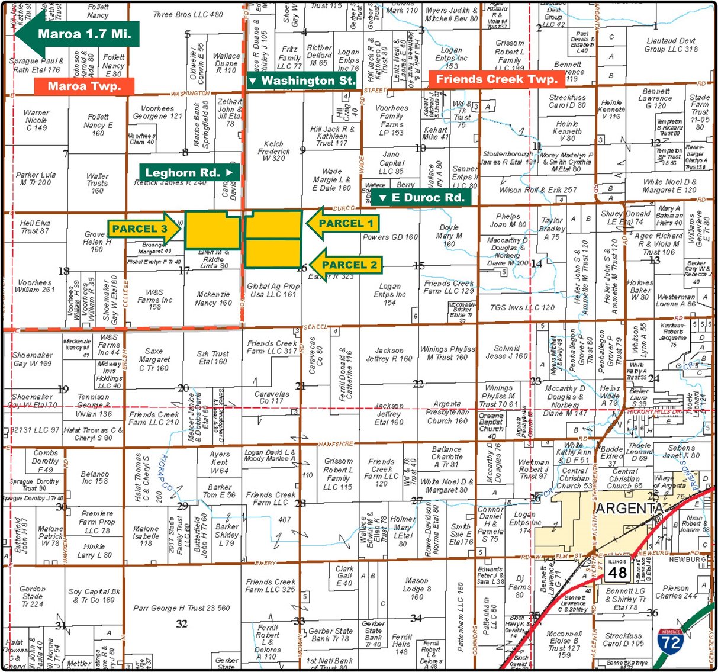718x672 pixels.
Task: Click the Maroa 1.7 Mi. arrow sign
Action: pyautogui.click(x=77, y=34)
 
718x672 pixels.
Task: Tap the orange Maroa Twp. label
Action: pyautogui.click(x=83, y=86)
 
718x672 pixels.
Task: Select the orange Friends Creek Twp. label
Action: pyautogui.click(x=497, y=79)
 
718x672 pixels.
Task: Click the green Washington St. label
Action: pyautogui.click(x=302, y=81)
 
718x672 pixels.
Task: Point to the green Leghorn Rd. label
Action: pyautogui.click(x=189, y=173)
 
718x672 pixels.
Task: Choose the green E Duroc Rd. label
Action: pyautogui.click(x=421, y=198)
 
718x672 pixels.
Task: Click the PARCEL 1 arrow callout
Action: pyautogui.click(x=343, y=223)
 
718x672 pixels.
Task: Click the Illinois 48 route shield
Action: pyautogui.click(x=617, y=569)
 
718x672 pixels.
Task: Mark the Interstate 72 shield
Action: pyautogui.click(x=671, y=641)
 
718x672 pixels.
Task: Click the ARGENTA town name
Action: pyautogui.click(x=629, y=509)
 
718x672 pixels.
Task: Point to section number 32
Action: pyautogui.click(x=182, y=623)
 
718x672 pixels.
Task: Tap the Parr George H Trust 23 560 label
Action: pyautogui.click(x=182, y=608)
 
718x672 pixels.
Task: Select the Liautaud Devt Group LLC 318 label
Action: pyautogui.click(x=671, y=45)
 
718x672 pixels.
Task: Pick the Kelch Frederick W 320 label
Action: pyautogui.click(x=273, y=151)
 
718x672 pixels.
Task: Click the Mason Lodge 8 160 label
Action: pyautogui.click(x=417, y=589)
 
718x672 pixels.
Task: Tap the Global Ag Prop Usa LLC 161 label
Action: pyautogui.click(x=273, y=290)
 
